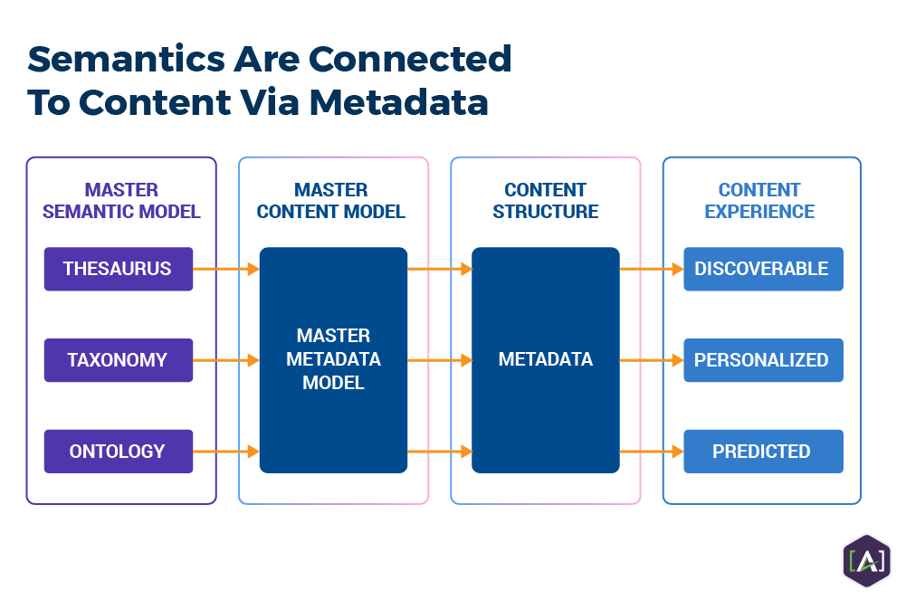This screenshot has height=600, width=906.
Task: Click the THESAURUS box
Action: [118, 269]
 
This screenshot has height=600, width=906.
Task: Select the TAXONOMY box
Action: [118, 360]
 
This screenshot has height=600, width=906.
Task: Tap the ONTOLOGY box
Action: [118, 451]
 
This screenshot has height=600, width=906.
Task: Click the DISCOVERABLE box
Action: [762, 269]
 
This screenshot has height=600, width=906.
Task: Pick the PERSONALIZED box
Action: [762, 360]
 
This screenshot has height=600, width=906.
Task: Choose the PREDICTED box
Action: [762, 451]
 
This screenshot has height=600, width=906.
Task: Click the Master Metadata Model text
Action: [333, 359]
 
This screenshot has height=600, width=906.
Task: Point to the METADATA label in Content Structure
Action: [546, 359]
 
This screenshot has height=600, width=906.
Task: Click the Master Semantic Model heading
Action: [121, 201]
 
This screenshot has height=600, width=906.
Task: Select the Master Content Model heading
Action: [331, 201]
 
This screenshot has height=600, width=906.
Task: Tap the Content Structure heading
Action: [546, 201]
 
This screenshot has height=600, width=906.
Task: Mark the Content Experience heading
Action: [759, 201]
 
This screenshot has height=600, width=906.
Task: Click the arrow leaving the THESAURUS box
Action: [226, 269]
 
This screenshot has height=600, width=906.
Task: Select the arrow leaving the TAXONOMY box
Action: [226, 360]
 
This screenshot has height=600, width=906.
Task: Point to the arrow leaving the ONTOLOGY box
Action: [226, 451]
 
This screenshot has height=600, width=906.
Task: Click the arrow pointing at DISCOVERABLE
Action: [651, 269]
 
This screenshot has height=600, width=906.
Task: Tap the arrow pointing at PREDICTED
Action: [651, 451]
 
